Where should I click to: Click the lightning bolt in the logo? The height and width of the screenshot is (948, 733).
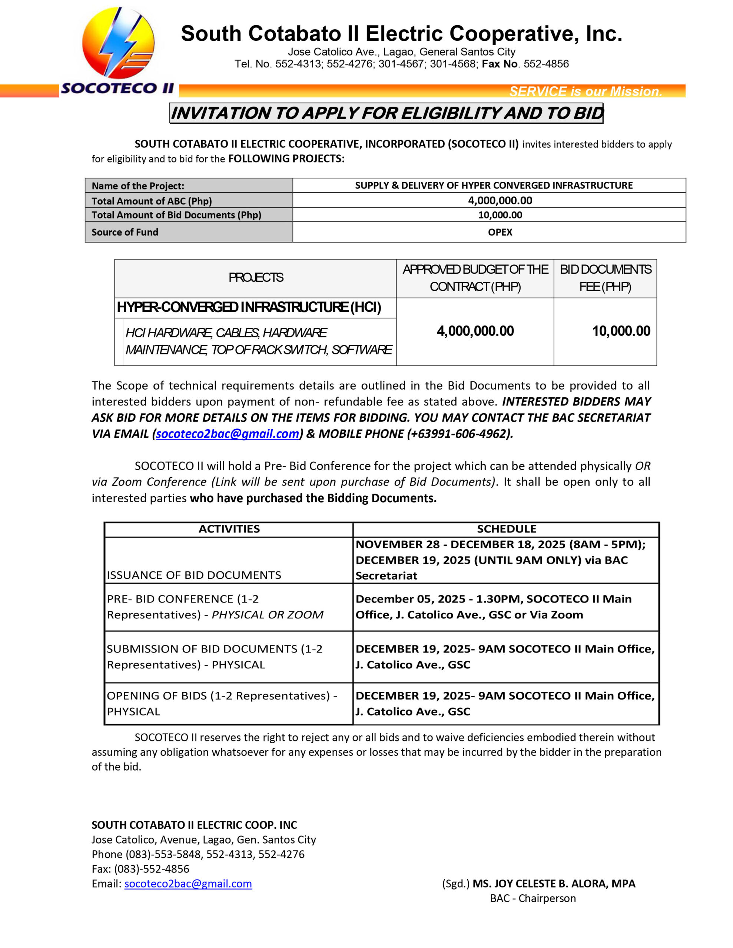point(117,43)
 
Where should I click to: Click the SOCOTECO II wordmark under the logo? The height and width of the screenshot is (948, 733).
point(117,88)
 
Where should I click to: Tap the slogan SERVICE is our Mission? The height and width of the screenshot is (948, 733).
point(585,91)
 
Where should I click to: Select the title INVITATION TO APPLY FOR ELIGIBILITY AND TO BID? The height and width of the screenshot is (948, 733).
point(386,113)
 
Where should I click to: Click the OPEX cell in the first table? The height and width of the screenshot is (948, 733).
point(500,232)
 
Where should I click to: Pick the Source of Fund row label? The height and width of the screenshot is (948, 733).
point(125,232)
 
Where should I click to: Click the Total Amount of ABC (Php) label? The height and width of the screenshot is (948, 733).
point(152,201)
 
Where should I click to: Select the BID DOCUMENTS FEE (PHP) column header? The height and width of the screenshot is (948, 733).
point(605,278)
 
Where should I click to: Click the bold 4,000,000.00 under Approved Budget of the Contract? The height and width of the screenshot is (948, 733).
point(475,331)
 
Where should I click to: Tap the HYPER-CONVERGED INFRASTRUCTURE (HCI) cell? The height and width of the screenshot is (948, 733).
point(249,307)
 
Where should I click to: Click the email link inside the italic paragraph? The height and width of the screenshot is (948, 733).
point(227,434)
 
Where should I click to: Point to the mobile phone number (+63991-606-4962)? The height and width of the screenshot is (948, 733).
point(459,434)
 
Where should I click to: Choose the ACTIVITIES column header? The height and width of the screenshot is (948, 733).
point(229,529)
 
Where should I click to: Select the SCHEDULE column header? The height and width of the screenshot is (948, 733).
point(506,529)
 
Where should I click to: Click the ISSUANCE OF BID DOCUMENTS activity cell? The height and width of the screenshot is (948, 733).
point(194,575)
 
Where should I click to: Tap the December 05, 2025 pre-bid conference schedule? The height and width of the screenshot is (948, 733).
point(493,607)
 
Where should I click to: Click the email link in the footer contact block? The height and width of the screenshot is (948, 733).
point(188,884)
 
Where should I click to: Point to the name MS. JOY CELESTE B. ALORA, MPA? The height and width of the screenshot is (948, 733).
point(554,884)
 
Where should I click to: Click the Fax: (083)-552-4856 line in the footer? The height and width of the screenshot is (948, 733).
point(140,869)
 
